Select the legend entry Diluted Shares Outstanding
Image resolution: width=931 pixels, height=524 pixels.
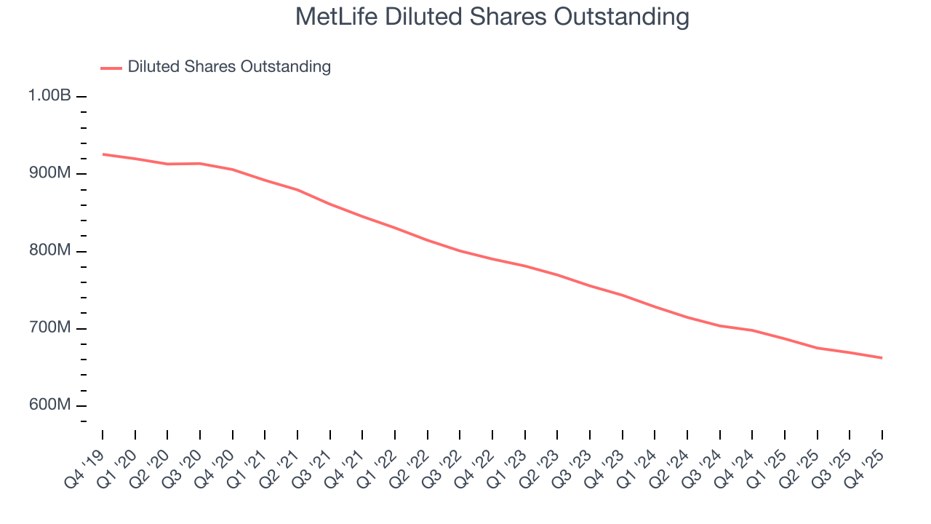tap(229, 67)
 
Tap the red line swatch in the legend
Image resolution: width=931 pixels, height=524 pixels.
tap(111, 68)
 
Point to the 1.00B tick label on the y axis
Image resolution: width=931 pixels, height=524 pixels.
tap(49, 95)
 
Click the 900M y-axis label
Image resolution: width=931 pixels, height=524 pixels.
tap(50, 173)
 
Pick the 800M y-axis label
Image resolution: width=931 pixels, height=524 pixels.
tap(50, 250)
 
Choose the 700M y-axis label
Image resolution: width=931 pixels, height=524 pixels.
tap(50, 328)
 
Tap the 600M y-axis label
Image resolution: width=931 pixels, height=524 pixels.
tap(50, 405)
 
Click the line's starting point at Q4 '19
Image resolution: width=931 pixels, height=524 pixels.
tap(103, 154)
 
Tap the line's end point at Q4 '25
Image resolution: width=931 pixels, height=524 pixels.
tap(882, 358)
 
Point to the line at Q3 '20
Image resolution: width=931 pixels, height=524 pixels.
tap(200, 164)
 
